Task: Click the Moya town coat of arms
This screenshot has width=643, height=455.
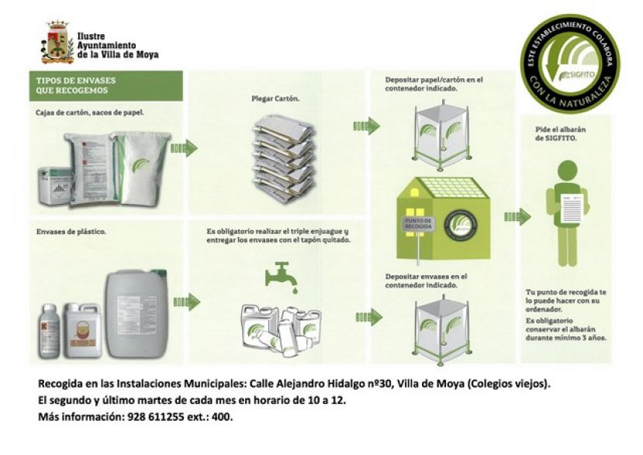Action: (x=57, y=42)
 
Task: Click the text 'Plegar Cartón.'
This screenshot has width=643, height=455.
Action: (x=276, y=99)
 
